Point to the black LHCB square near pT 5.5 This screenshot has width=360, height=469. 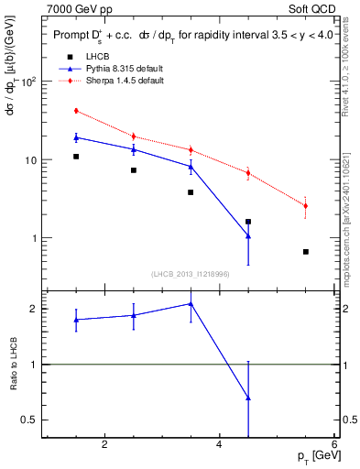coord(305,252)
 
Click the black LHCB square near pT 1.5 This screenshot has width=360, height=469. coord(76,157)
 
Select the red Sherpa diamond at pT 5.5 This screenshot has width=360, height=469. coord(305,206)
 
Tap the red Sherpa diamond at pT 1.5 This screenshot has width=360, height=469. coord(76,111)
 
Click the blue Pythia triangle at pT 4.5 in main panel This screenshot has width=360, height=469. coord(248,235)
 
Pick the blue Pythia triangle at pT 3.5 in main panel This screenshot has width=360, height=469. coord(191,166)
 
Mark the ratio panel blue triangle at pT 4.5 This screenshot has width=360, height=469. coord(248,398)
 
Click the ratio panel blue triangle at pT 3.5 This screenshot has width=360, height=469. coord(191,304)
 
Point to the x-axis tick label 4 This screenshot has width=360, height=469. coord(219,445)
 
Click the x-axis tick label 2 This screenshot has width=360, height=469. coord(104,445)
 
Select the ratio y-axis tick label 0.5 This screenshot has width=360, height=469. coord(28,420)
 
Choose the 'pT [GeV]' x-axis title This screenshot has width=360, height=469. coord(314,456)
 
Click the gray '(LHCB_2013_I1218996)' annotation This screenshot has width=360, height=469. coord(191,274)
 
